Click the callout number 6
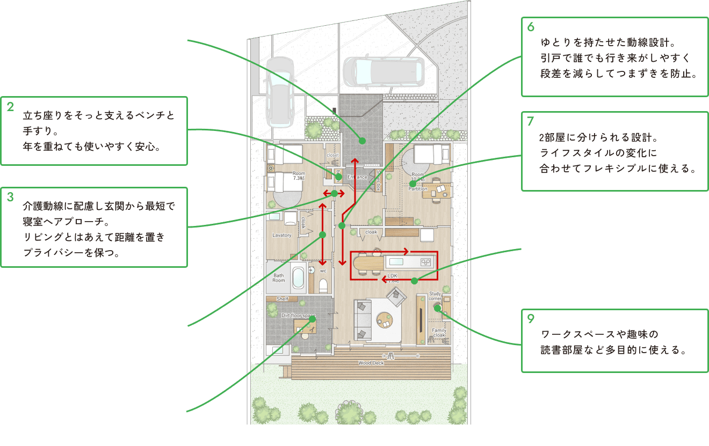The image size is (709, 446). point(531,26)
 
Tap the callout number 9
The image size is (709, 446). point(531,318)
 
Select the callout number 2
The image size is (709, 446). point(10,106)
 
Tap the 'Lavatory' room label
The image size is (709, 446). point(281,235)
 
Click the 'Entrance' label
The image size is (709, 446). point(357,177)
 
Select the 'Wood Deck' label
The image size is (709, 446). point(371,363)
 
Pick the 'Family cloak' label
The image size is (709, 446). point(439,333)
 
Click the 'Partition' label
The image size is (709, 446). point(418,189)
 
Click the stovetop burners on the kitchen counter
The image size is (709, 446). point(425,261)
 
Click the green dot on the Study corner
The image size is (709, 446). point(437,308)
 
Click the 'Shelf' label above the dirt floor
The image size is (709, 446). point(283,299)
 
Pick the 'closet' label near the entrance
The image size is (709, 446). point(332,155)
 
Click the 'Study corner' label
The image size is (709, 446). point(435,296)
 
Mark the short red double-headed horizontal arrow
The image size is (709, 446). point(334,193)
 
